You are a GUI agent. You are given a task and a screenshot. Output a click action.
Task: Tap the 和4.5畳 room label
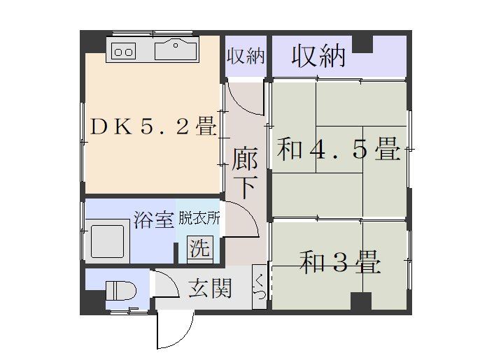pos(338,149)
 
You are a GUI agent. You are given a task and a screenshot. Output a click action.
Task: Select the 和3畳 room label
pos(341,263)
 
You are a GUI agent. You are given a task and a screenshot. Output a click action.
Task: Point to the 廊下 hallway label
pos(245,173)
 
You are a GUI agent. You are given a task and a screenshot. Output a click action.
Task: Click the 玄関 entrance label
pos(210,289)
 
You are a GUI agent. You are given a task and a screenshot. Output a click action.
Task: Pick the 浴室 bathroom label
pos(153,219)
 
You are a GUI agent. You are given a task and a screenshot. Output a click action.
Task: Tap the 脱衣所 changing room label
pos(199,218)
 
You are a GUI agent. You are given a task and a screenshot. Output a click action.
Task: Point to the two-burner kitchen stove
pos(125,50)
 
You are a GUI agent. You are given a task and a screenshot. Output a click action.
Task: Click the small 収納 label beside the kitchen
pos(246,57)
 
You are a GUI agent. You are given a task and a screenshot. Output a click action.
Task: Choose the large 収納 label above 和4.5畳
pos(318,56)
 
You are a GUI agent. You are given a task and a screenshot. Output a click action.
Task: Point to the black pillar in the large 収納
pos(362,43)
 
